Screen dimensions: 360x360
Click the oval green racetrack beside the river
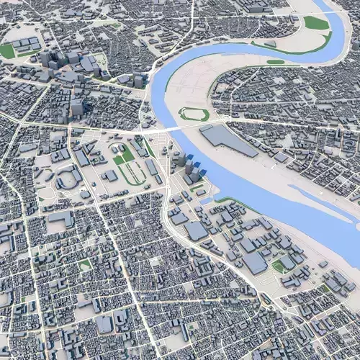194,114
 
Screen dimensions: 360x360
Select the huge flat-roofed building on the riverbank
228,140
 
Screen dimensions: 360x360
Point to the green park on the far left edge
6,51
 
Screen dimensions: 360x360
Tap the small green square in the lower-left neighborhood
85,265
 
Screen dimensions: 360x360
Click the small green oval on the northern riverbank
275,62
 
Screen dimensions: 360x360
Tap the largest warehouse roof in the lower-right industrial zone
255,262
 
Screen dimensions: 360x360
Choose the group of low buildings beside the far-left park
25,45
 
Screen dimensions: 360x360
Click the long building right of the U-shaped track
152,168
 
